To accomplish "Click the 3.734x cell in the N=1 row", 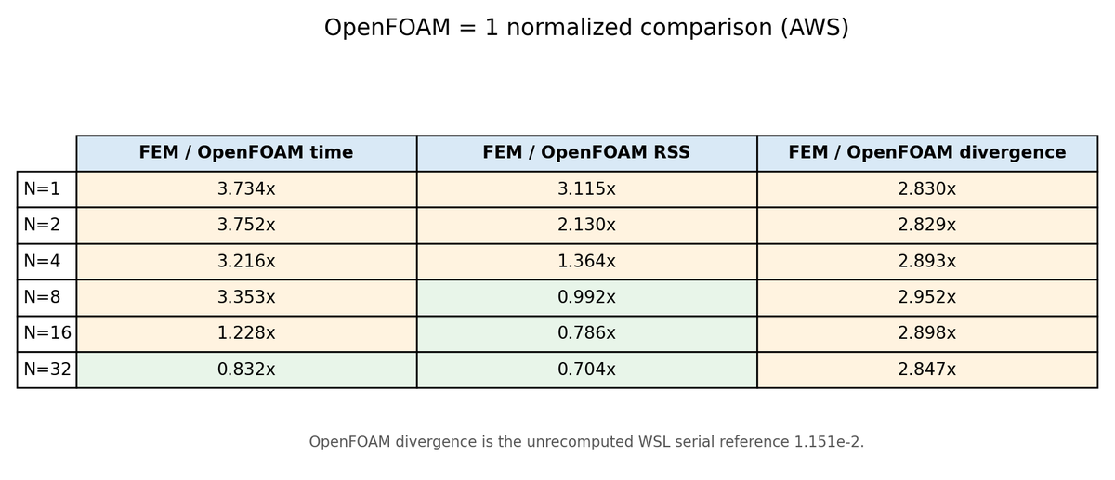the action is click(246, 189).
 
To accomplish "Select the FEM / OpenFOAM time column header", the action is click(246, 153).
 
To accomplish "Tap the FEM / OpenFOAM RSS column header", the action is click(587, 153).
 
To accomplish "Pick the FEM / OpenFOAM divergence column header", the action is click(927, 153).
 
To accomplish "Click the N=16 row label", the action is click(46, 333).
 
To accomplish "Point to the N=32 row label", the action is click(46, 370).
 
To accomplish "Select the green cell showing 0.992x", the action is click(587, 297).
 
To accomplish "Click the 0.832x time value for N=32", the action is click(246, 370).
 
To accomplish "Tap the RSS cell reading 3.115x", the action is click(587, 189).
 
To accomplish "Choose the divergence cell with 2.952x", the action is click(927, 297).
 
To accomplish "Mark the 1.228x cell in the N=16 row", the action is click(246, 333).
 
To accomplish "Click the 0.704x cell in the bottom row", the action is click(587, 370).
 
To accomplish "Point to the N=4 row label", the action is click(46, 261).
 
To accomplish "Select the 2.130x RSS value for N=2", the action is click(587, 226).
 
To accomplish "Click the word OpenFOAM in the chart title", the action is click(387, 27).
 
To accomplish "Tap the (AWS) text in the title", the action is click(815, 27).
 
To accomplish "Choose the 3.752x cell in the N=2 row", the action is click(246, 226).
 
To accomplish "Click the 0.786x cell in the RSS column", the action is click(587, 333).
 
